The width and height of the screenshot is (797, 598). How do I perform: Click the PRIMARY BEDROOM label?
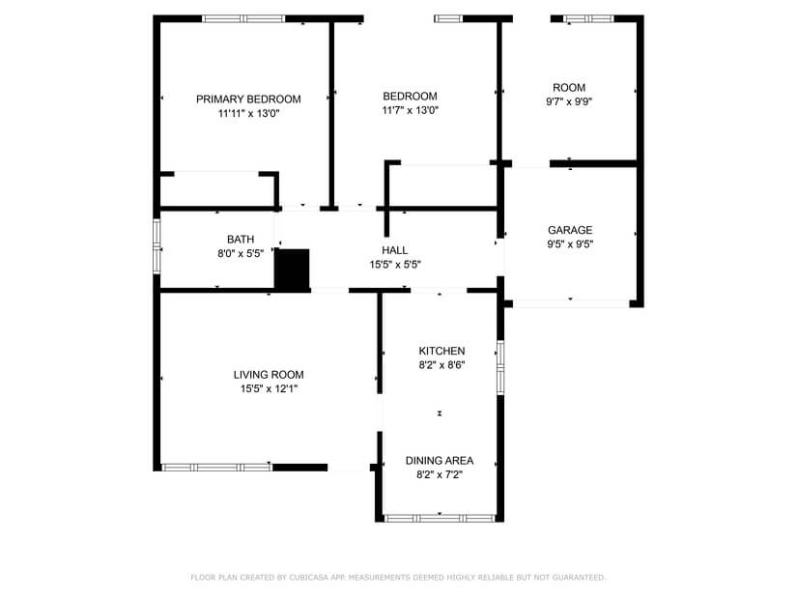click(248, 99)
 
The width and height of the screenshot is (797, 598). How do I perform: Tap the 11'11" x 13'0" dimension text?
click(248, 113)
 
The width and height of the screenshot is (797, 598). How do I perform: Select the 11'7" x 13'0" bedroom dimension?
click(410, 110)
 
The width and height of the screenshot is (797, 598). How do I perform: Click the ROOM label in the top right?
click(569, 88)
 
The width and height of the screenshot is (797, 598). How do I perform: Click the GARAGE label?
click(570, 230)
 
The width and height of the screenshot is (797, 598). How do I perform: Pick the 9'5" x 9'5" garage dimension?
click(570, 244)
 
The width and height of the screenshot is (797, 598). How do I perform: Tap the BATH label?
click(241, 240)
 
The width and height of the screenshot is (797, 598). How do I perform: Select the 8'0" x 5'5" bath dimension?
click(241, 254)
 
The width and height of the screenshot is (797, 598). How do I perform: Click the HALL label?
click(395, 250)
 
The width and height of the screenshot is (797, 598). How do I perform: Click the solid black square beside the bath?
click(293, 269)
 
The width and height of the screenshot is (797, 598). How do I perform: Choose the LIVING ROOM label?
click(269, 375)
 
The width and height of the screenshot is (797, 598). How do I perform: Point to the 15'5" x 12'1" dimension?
click(269, 389)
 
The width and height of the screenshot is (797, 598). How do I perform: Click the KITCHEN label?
click(441, 351)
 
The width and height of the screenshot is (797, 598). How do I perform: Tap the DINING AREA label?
click(440, 461)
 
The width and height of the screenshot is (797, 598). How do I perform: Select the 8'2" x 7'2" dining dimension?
click(440, 475)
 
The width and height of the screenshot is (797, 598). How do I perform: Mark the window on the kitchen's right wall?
click(499, 366)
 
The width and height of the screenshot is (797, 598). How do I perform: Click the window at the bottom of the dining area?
click(440, 519)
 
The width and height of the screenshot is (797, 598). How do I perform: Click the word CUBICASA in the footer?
click(301, 578)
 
